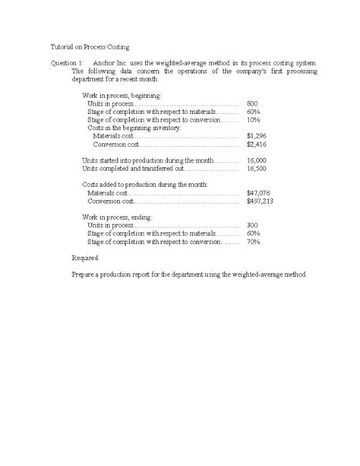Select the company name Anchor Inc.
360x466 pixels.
108,61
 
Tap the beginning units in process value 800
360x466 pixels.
252,103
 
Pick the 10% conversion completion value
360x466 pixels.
253,119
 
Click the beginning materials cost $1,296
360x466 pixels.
257,135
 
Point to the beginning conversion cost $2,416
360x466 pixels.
257,144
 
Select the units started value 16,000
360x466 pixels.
257,160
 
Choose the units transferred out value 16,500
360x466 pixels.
257,169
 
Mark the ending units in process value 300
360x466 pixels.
252,226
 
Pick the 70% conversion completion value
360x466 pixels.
253,242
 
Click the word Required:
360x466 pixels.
84,258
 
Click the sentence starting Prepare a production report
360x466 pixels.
191,274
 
